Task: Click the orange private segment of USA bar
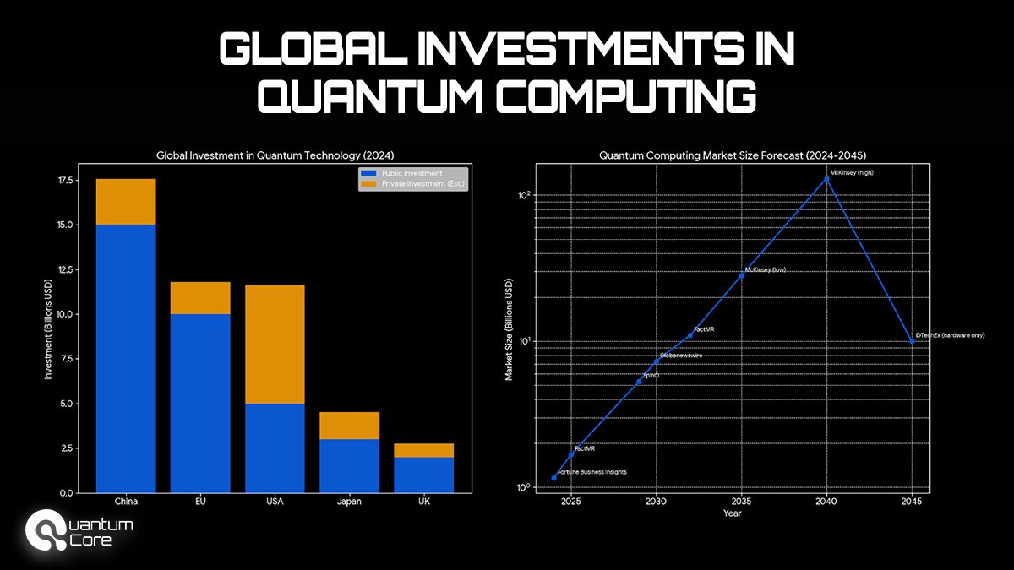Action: point(275,345)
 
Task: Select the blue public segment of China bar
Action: point(126,358)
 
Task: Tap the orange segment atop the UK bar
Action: point(424,450)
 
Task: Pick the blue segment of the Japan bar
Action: point(349,465)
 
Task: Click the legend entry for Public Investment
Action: point(412,173)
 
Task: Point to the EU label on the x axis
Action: point(200,502)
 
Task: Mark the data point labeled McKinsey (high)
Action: point(827,179)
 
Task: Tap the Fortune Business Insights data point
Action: point(554,478)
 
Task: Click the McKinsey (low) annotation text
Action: point(766,270)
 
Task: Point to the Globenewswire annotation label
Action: point(681,356)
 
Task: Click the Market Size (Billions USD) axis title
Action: point(510,329)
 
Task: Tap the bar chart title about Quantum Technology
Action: point(275,155)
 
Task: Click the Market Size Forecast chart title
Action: point(733,155)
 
